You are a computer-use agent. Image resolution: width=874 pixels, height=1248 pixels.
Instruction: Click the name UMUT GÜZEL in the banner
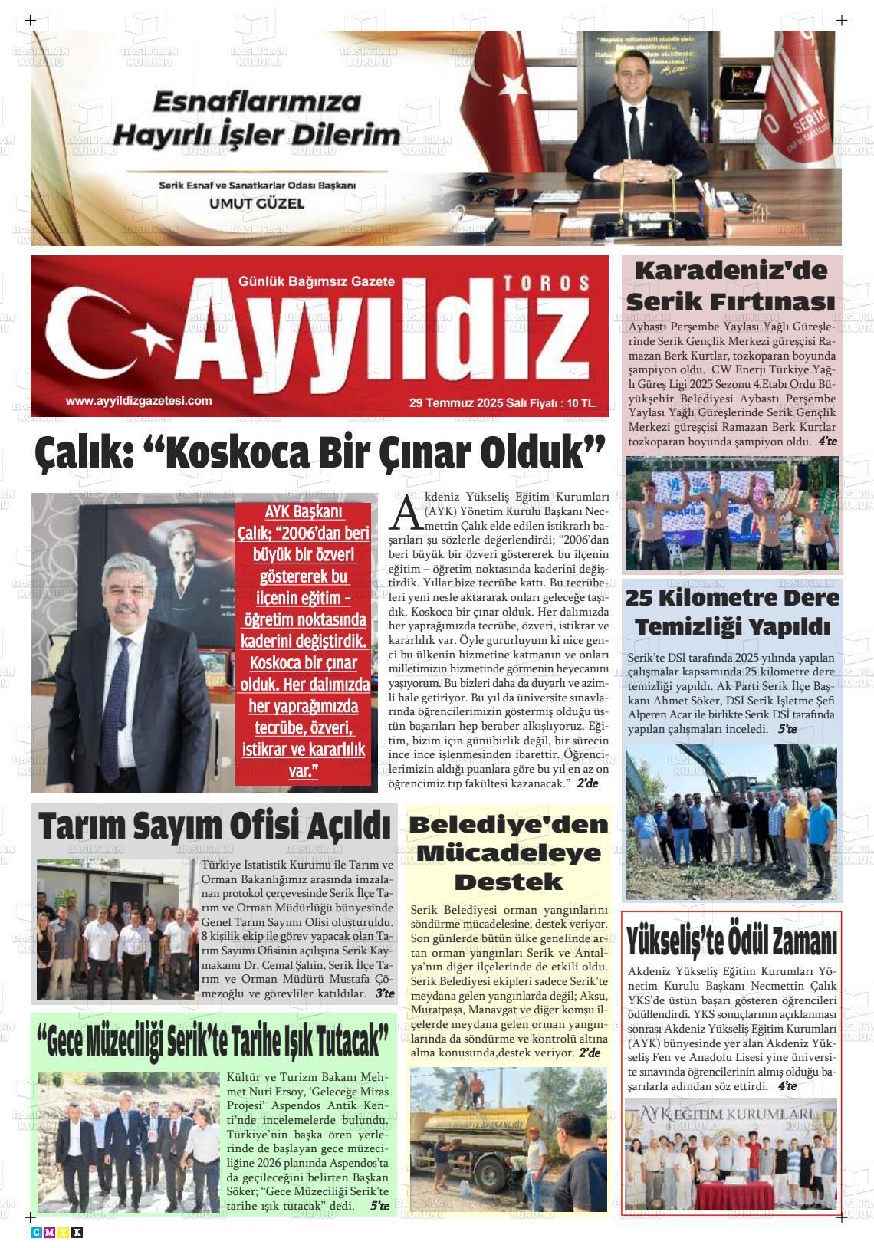coord(258,204)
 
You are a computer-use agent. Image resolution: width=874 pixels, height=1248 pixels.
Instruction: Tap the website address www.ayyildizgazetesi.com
coord(139,400)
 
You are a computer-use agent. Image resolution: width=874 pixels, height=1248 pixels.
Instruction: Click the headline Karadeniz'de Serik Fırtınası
coord(731,284)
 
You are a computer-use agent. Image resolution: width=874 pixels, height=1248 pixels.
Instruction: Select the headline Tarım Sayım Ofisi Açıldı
coord(215,826)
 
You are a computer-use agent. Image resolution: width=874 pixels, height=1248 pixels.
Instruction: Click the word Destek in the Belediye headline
coord(508,882)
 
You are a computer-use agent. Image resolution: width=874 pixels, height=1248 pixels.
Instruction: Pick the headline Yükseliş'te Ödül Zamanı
coord(731,940)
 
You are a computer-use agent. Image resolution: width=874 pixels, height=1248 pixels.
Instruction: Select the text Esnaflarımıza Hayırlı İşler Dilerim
coord(257,119)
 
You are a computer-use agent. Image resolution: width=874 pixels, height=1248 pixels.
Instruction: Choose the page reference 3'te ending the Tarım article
coord(384,994)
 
